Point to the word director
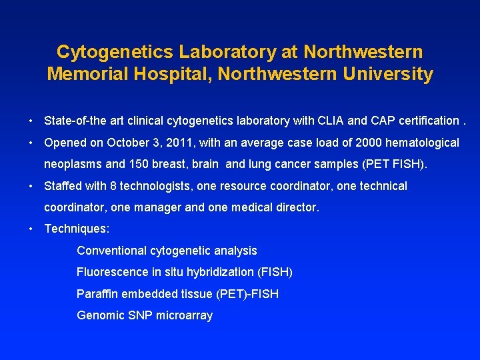click(x=297, y=207)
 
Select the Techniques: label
click(x=77, y=229)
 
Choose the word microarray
click(x=184, y=315)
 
